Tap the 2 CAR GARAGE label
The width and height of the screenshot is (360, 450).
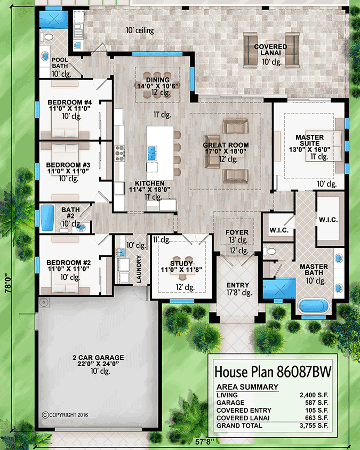[x=99, y=357]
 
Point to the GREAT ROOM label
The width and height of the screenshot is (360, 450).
[x=226, y=145]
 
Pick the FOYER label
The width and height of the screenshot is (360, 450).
[x=236, y=232]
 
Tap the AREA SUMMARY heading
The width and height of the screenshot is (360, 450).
[x=247, y=387]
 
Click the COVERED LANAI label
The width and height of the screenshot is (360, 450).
[x=270, y=47]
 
